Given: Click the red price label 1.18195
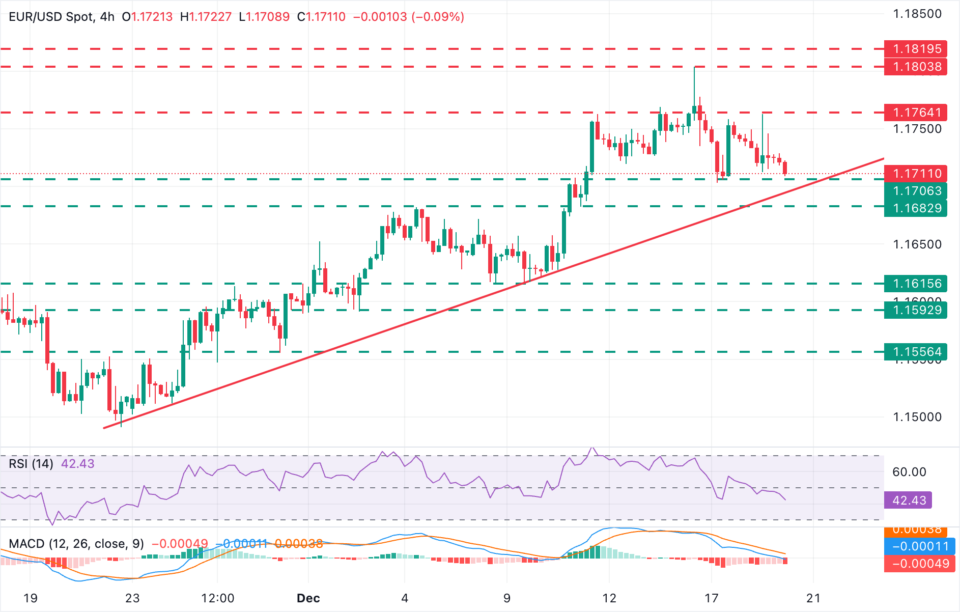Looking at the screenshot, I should click(x=915, y=49).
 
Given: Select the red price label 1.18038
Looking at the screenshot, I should click(x=915, y=67).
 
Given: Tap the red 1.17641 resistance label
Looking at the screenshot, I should click(x=915, y=113).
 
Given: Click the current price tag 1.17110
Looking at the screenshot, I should click(x=915, y=174).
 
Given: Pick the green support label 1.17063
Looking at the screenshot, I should click(x=915, y=191).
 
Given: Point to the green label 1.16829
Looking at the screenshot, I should click(x=915, y=208).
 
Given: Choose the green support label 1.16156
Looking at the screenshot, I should click(x=915, y=284).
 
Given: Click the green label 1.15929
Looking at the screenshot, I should click(x=915, y=310).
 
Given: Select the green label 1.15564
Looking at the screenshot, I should click(x=915, y=352).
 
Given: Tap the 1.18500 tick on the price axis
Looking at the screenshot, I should click(x=917, y=14).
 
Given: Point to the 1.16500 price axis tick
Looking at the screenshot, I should click(x=917, y=244).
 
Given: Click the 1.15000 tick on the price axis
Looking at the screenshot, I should click(x=917, y=417).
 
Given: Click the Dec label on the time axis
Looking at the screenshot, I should click(x=308, y=598).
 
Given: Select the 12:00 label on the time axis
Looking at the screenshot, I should click(x=217, y=598).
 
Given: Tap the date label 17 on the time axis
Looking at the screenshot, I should click(x=711, y=598).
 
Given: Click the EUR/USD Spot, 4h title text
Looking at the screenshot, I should click(x=62, y=17).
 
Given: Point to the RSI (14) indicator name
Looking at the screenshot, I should click(x=31, y=464).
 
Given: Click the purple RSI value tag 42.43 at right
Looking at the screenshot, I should click(x=909, y=500).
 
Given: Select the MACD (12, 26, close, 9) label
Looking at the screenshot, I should click(x=76, y=544).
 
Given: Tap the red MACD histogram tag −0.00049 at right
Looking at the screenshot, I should click(x=919, y=564).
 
